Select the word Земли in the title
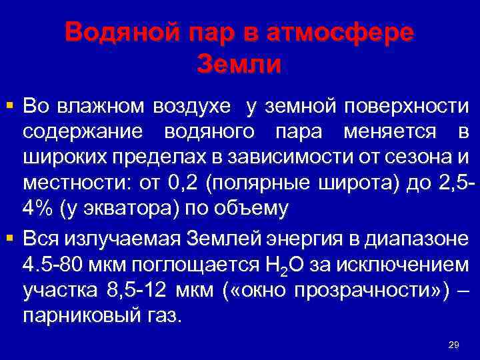[x=240, y=64]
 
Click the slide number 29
[x=453, y=345]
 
